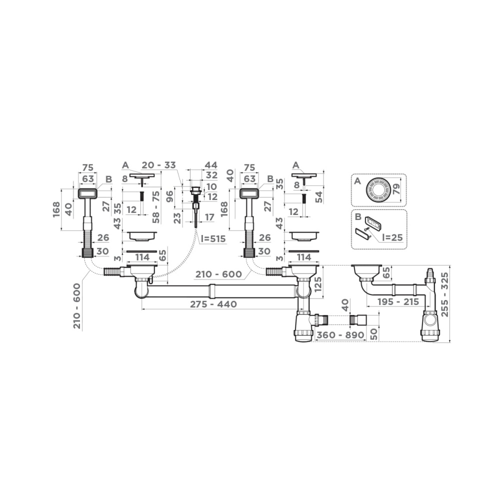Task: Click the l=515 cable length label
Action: click(x=213, y=239)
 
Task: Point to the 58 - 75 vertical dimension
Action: click(x=156, y=206)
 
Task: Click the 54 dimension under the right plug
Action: click(x=318, y=196)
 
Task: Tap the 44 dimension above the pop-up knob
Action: click(x=211, y=165)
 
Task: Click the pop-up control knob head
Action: click(x=195, y=190)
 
